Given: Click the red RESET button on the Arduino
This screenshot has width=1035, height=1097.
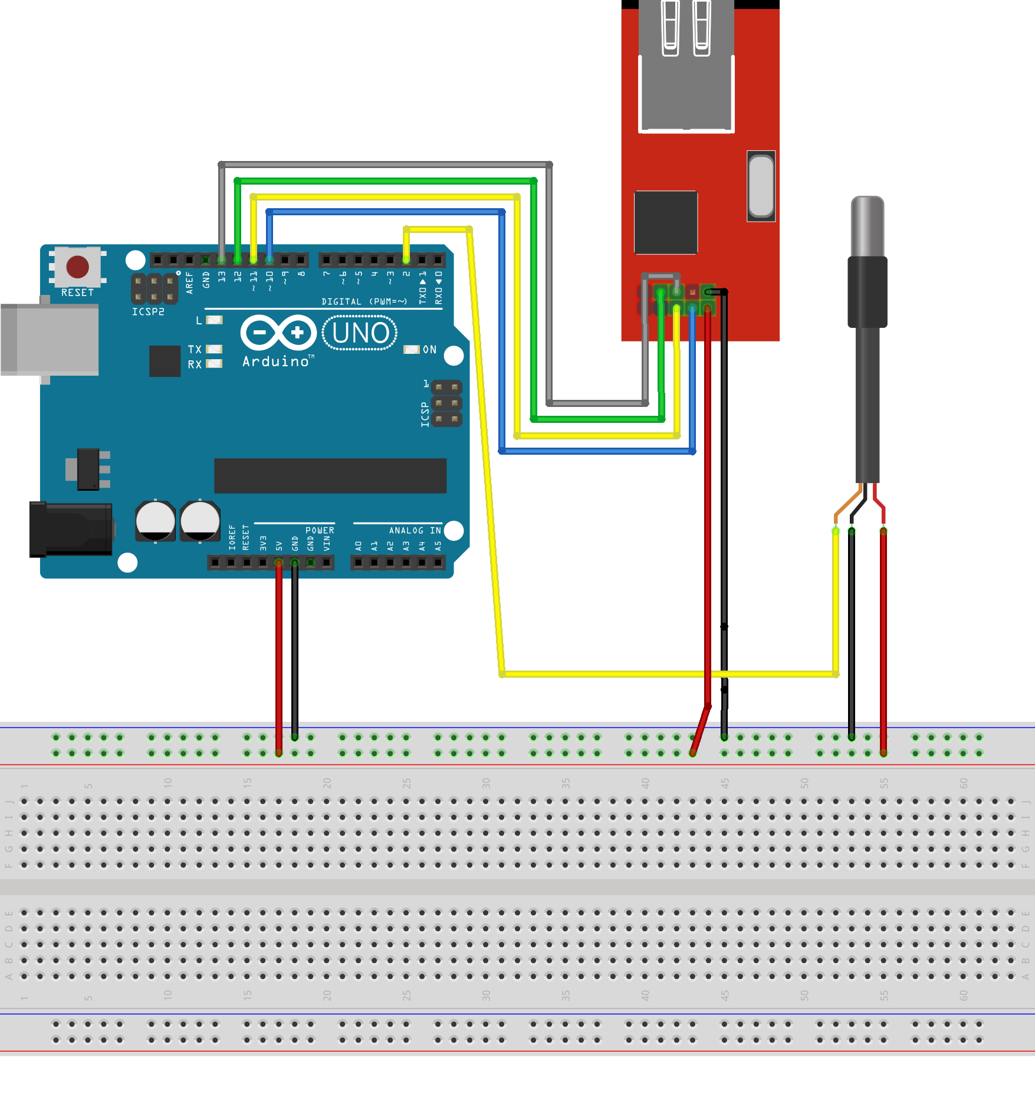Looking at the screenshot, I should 77,267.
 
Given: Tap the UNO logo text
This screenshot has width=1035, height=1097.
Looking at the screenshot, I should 360,333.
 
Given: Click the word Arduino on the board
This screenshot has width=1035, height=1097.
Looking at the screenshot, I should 276,362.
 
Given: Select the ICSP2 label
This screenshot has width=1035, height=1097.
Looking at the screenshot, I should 148,312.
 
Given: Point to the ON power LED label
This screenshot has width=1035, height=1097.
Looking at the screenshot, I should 430,350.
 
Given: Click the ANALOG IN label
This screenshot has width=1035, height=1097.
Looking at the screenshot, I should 415,531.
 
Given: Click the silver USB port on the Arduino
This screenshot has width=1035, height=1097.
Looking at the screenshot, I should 50,339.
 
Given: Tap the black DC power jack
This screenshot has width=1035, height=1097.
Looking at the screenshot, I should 71,529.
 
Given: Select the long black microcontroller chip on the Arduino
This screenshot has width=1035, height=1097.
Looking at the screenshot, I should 330,475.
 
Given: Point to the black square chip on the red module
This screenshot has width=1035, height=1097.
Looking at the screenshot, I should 666,222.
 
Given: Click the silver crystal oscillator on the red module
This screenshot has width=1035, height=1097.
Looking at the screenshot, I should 761,186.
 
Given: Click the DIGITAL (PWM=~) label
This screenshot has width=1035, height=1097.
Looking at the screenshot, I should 364,302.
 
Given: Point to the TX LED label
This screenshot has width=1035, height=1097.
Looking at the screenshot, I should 195,350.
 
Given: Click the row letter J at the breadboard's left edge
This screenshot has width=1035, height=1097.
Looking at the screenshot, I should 9,802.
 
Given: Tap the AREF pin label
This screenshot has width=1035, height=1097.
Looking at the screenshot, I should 189,283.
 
